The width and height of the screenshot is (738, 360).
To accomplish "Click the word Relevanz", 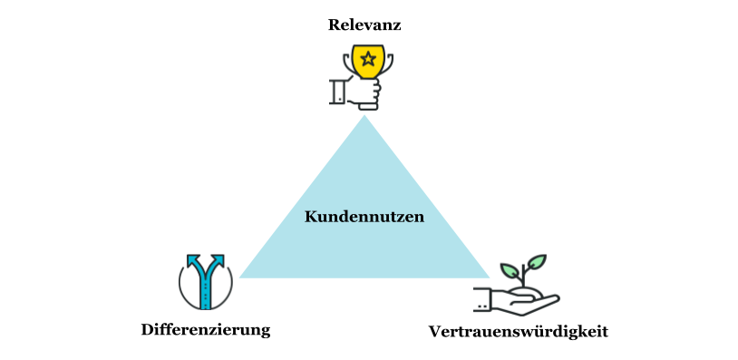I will click(364, 24).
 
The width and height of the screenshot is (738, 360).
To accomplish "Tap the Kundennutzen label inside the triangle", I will click(364, 217).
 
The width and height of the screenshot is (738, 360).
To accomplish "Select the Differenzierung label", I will click(206, 329).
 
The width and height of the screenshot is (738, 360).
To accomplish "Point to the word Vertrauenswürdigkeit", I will click(518, 331).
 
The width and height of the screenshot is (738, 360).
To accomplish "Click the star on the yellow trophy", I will click(367, 60).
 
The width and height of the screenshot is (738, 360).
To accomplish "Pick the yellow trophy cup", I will click(367, 63).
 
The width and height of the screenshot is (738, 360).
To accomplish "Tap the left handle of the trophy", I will click(348, 63).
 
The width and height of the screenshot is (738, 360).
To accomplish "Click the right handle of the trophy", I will click(385, 63).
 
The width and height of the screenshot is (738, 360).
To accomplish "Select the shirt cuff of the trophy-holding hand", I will click(337, 92).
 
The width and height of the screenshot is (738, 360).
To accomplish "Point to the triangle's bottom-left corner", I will click(242, 276).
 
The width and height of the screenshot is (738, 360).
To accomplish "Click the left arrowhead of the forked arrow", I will click(192, 261).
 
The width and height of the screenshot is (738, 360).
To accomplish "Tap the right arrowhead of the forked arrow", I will click(221, 261).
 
